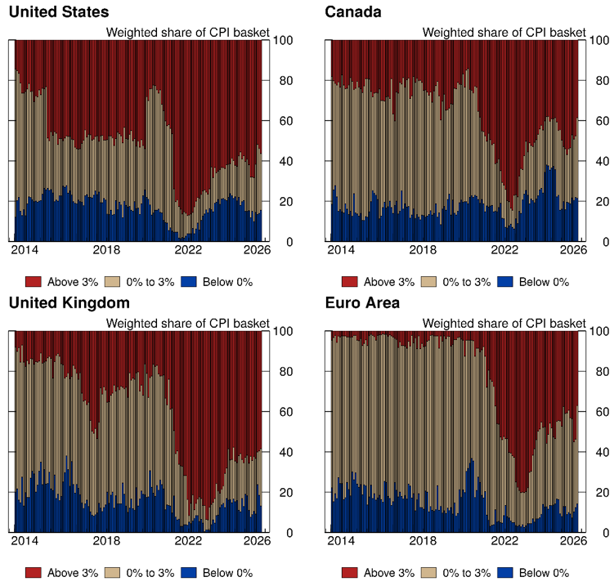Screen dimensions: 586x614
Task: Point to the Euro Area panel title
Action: point(362,303)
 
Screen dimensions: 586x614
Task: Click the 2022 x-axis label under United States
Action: point(188,250)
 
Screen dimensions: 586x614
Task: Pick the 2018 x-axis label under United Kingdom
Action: point(106,541)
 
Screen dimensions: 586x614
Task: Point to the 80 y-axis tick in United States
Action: point(280,81)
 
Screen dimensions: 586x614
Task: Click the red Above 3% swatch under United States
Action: point(33,282)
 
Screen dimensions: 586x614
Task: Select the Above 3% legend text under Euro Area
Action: point(389,573)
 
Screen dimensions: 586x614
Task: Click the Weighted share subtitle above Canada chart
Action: point(504,33)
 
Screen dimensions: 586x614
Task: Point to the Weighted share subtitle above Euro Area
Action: point(504,324)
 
